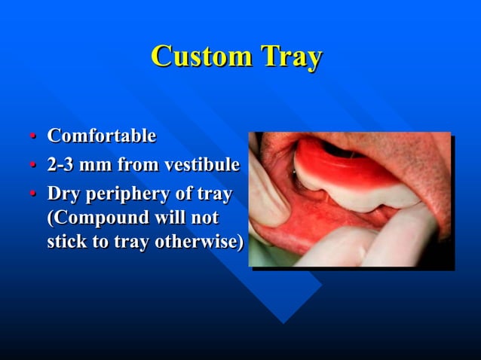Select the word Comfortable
tap(102, 136)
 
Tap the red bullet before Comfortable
tap(32, 137)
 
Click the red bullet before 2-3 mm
tap(32, 166)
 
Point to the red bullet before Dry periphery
tap(32, 194)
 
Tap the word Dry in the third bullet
tap(63, 194)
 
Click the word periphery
tap(127, 194)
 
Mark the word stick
tap(66, 243)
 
